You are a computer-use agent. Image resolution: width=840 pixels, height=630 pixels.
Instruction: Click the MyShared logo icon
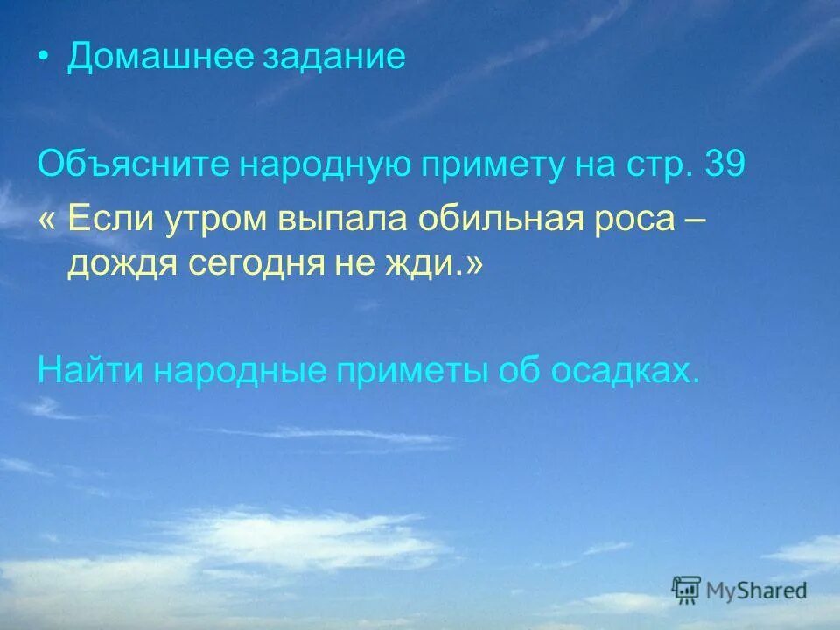pyautogui.click(x=687, y=590)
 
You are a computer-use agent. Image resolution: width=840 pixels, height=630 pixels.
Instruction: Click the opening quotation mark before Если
pyautogui.click(x=46, y=219)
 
